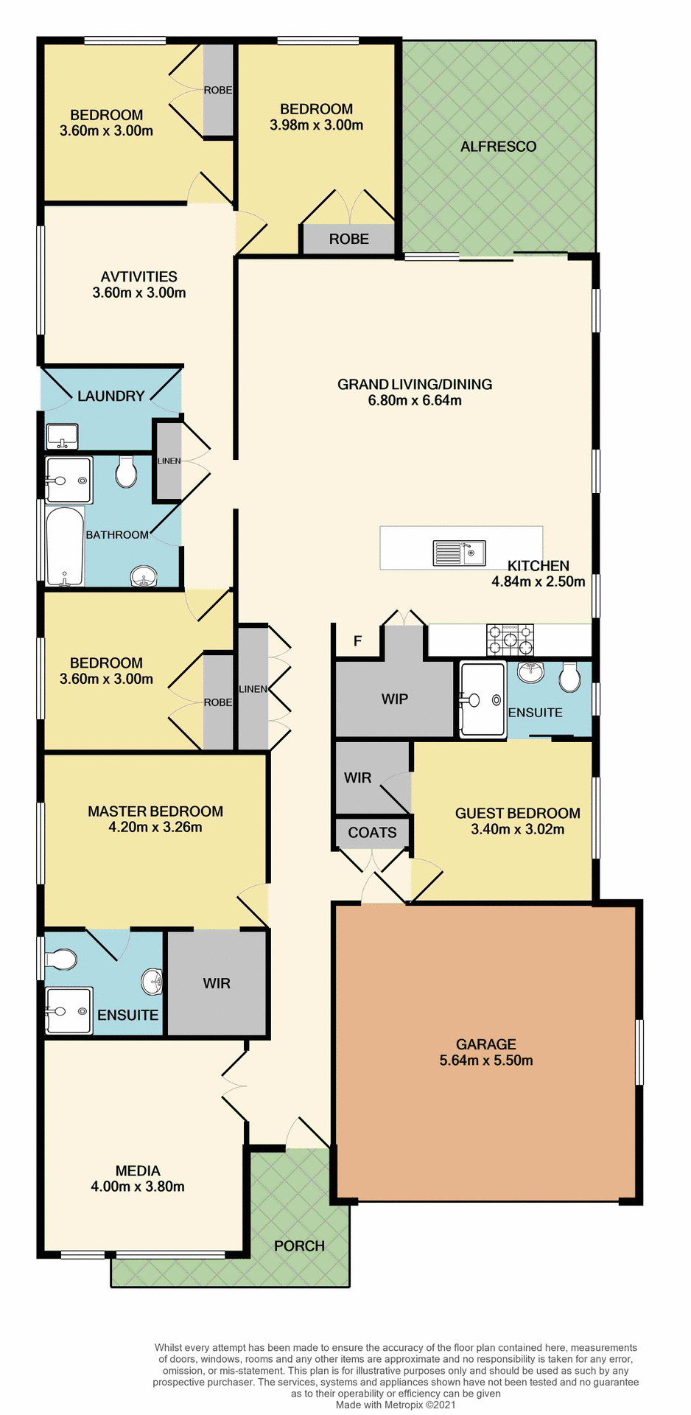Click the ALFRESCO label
click(x=498, y=147)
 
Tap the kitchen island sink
click(x=459, y=553)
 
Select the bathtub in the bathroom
click(x=65, y=546)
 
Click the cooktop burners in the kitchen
click(x=511, y=640)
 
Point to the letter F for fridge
click(x=358, y=641)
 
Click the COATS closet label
click(x=372, y=833)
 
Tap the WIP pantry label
click(x=394, y=699)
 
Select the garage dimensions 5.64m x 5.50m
click(x=486, y=1061)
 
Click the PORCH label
click(x=299, y=1246)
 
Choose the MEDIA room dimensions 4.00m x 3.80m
click(x=138, y=1187)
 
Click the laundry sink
click(x=63, y=436)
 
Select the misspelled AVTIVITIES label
click(x=139, y=277)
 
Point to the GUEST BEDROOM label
click(x=517, y=814)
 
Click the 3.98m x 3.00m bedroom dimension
click(x=316, y=125)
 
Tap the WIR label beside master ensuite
click(x=217, y=984)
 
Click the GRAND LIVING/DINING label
click(x=415, y=385)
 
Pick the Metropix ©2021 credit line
click(x=396, y=1405)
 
